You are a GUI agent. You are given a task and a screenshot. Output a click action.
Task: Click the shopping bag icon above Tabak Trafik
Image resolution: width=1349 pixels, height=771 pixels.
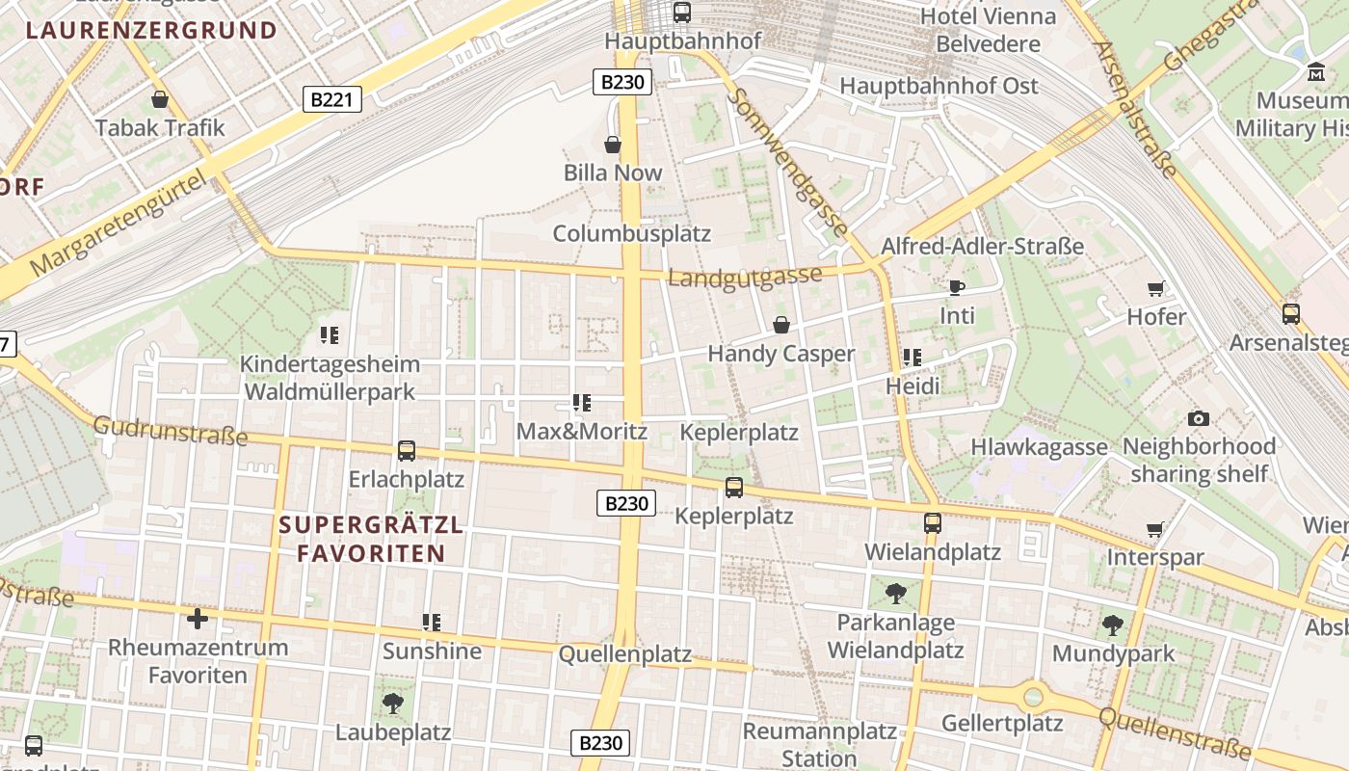click(x=160, y=99)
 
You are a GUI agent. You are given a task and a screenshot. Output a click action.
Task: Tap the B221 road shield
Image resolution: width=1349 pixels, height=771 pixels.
click(x=332, y=98)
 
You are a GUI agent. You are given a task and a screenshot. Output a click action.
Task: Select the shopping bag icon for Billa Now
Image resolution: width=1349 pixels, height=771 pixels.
click(x=612, y=145)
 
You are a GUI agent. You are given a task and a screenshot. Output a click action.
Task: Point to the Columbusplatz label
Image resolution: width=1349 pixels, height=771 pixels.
click(x=631, y=233)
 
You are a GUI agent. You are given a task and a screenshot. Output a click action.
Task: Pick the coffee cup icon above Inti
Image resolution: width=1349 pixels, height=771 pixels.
click(x=956, y=287)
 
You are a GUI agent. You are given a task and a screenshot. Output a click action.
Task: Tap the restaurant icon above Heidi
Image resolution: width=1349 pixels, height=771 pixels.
click(x=913, y=358)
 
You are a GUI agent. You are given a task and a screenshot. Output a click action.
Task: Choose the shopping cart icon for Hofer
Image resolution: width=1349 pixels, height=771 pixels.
click(x=1155, y=288)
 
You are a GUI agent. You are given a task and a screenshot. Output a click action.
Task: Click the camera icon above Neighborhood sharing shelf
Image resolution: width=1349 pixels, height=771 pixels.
click(x=1198, y=418)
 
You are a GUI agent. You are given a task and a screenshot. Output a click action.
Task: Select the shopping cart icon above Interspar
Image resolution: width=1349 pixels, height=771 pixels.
click(x=1154, y=529)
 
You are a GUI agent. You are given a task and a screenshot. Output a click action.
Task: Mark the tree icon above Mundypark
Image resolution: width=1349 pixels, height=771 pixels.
click(x=1113, y=625)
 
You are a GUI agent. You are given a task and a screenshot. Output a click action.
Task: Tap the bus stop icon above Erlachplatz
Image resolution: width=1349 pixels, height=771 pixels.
click(x=407, y=450)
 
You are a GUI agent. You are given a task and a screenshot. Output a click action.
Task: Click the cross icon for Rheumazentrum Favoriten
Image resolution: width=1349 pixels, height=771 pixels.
click(x=198, y=618)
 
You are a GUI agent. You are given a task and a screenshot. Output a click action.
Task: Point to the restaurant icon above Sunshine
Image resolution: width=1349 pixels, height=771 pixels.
click(x=432, y=623)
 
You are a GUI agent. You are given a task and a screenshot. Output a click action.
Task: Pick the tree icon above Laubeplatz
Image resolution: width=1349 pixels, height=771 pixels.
click(x=392, y=704)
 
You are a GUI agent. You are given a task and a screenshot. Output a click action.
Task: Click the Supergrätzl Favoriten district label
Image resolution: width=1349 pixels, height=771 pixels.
click(x=371, y=540)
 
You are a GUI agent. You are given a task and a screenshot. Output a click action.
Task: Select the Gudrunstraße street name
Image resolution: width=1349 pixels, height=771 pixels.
click(x=170, y=431)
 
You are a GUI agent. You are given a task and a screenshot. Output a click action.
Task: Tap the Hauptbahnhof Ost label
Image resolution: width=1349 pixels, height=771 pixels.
click(x=939, y=86)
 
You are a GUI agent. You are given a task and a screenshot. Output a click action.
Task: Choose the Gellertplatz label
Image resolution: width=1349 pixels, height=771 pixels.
click(x=1002, y=723)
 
